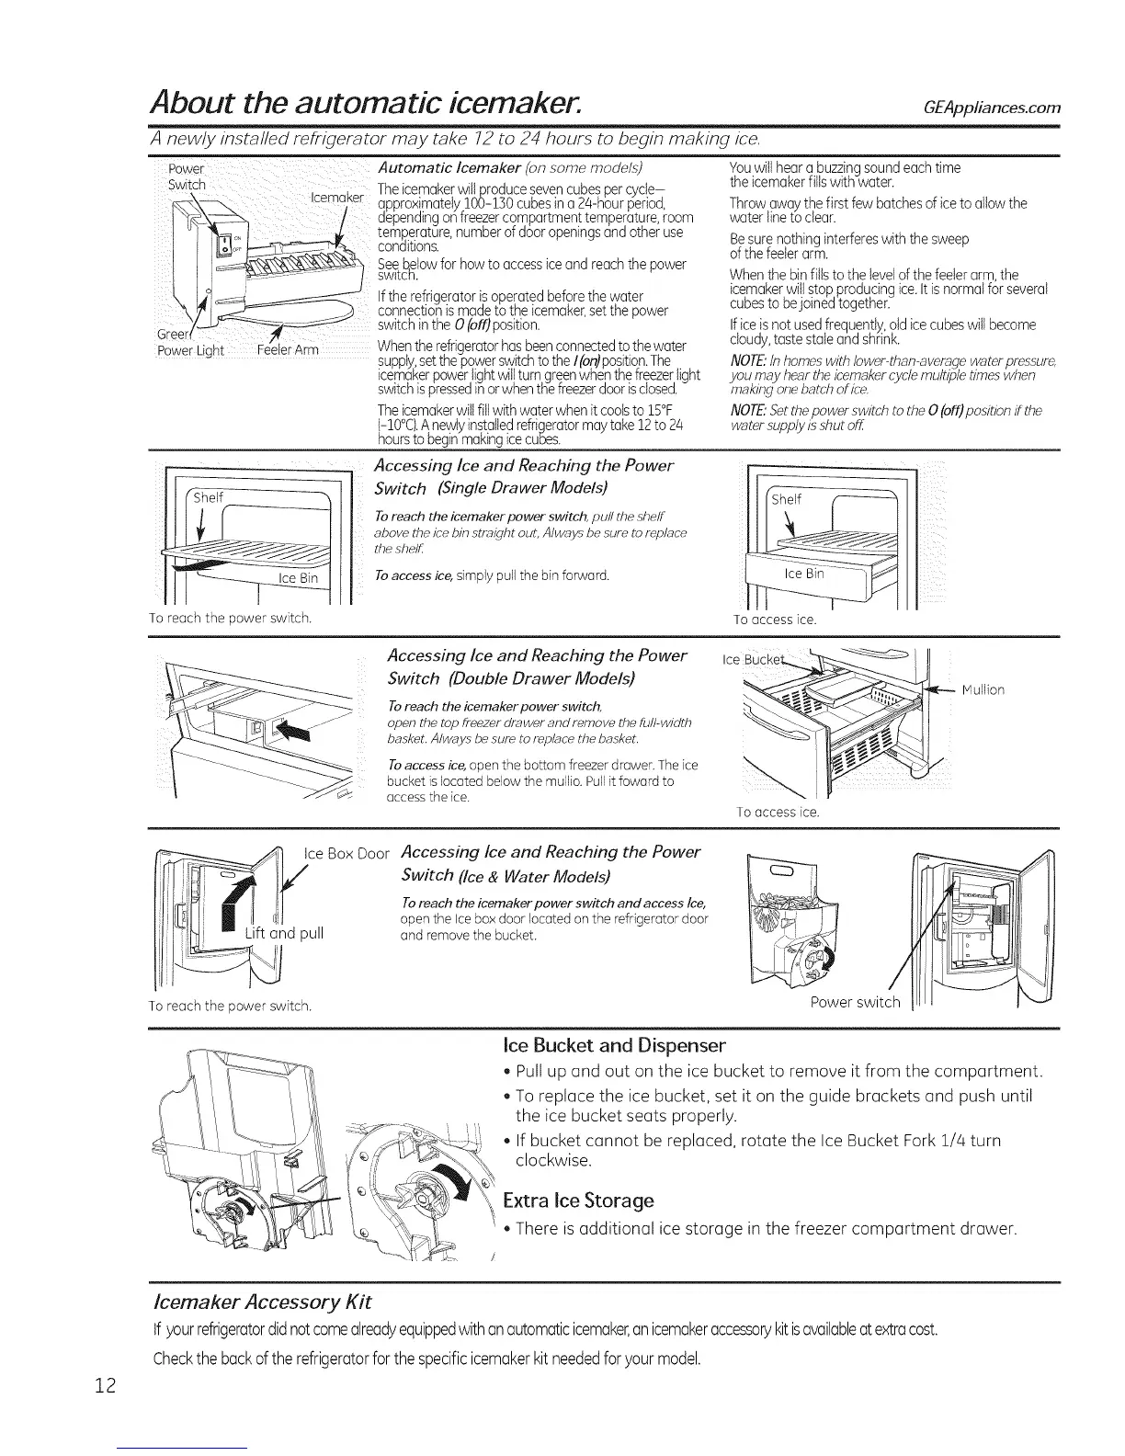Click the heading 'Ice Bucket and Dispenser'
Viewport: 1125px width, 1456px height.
615,1045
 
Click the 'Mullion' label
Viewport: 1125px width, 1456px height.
983,689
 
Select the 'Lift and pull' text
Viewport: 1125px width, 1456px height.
284,934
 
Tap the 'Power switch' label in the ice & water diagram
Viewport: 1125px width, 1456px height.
855,1001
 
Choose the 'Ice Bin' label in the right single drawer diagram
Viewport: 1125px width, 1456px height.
802,574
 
